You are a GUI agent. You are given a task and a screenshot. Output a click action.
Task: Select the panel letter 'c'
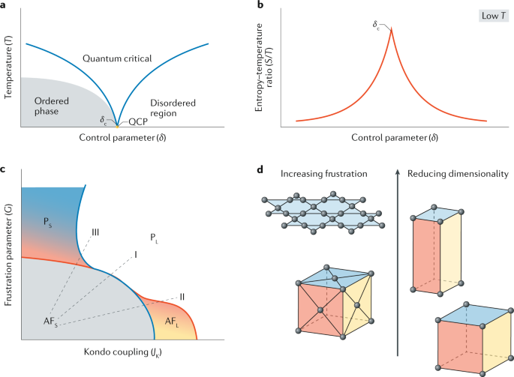click(5, 169)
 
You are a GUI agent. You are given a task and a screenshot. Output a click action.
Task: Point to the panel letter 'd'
click(260, 169)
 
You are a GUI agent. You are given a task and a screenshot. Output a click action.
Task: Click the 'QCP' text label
click(139, 121)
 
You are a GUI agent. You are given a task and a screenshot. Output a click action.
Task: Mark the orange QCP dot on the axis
click(116, 124)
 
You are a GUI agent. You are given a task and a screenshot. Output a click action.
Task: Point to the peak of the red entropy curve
click(392, 29)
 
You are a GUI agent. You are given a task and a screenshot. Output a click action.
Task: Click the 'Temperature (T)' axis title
click(9, 62)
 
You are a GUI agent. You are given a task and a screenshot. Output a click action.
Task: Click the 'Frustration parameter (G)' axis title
click(9, 258)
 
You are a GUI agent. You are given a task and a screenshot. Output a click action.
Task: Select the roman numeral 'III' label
click(96, 232)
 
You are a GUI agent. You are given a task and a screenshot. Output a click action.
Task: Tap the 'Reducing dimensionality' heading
click(458, 174)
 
